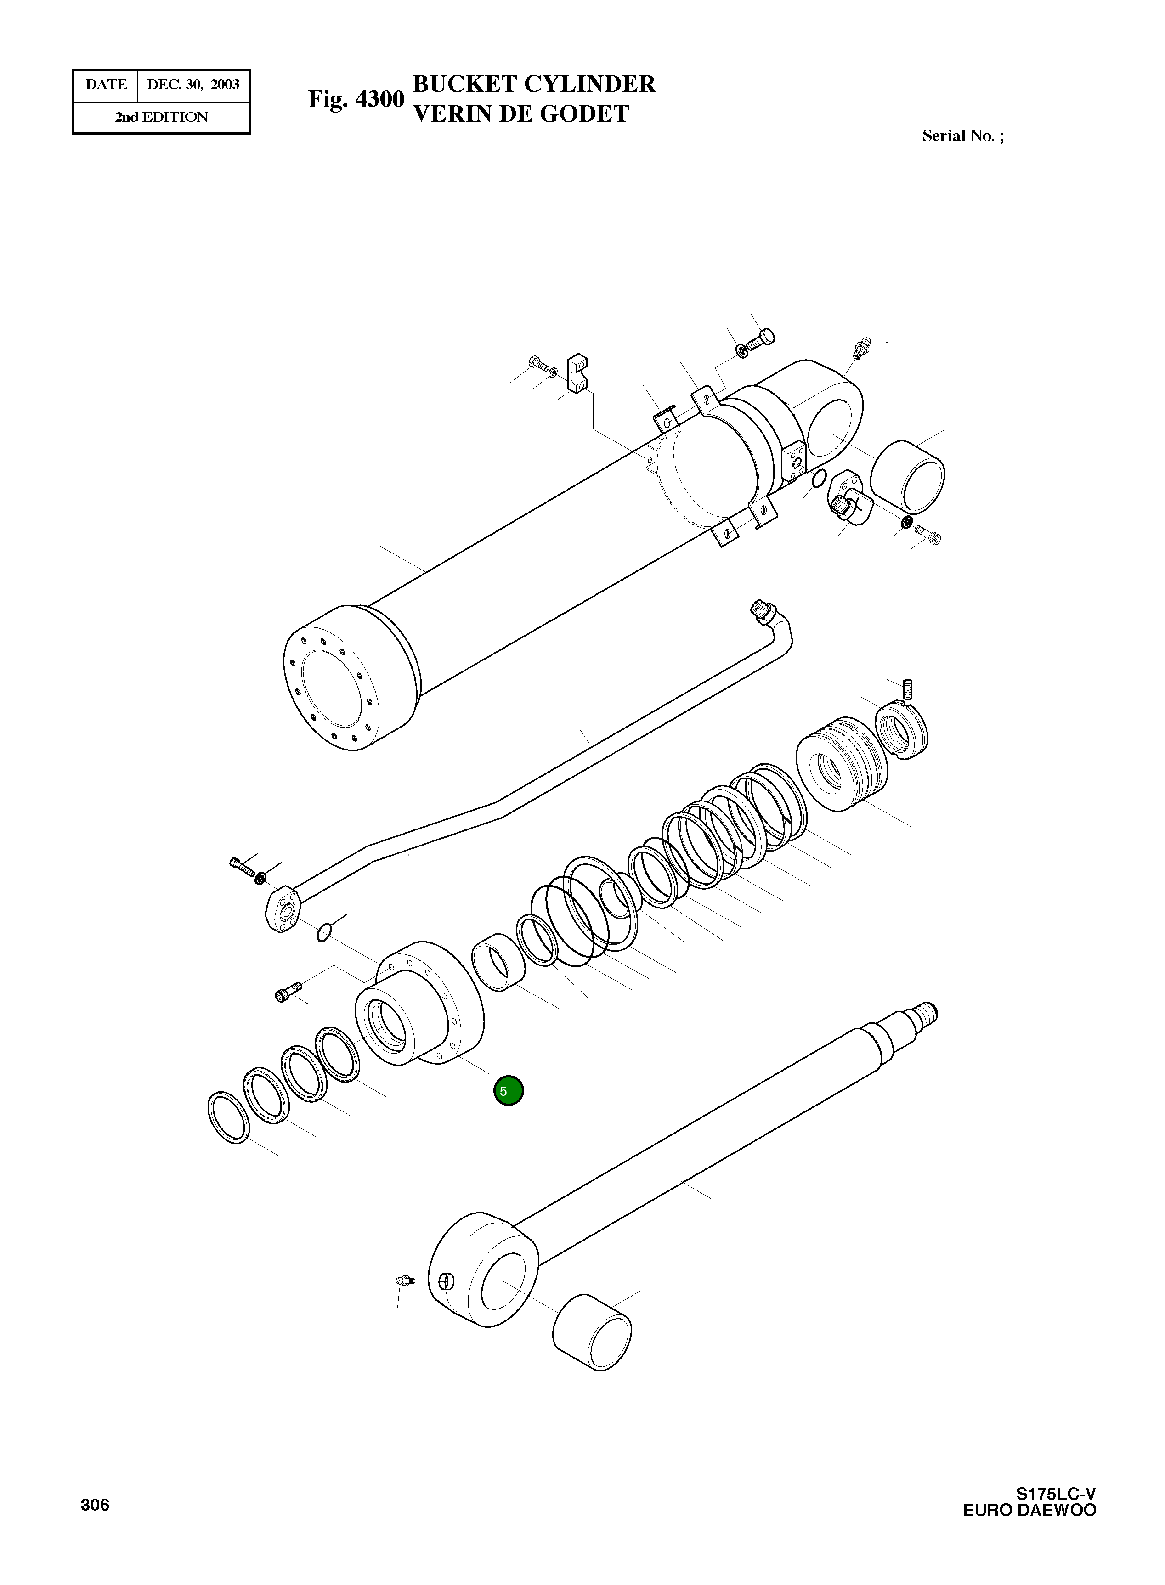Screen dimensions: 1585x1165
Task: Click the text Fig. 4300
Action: [x=356, y=99]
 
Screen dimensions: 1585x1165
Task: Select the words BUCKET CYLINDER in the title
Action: [x=534, y=84]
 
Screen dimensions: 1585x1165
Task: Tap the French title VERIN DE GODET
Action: [x=520, y=113]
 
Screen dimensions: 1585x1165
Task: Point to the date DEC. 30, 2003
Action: [x=193, y=85]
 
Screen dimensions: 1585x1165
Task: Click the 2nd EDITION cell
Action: [x=162, y=118]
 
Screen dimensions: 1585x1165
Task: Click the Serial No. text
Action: [x=962, y=136]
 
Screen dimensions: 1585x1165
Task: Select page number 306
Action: [x=95, y=1506]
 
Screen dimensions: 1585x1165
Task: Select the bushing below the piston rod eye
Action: [x=592, y=1332]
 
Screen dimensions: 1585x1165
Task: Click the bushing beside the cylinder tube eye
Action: [x=908, y=477]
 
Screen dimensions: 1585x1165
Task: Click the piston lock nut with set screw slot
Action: [x=902, y=733]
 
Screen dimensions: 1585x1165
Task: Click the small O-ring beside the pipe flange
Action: [x=324, y=932]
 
